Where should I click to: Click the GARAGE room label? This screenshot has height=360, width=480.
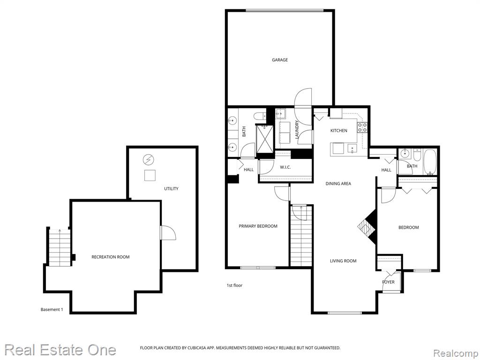280,60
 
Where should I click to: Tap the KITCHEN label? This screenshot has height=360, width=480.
338,130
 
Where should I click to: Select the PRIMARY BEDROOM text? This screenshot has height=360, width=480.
258,226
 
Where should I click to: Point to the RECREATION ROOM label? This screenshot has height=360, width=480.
111,257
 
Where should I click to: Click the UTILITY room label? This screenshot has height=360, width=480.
171,188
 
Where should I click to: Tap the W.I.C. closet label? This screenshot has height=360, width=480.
285,167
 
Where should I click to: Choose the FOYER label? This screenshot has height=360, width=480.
388,282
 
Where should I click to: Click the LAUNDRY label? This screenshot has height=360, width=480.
297,130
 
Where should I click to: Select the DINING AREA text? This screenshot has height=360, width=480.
338,184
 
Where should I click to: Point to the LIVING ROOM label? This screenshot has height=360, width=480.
343,261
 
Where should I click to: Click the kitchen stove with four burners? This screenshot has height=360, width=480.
362,127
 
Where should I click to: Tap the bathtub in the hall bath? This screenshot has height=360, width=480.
430,162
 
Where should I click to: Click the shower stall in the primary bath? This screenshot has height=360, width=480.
263,139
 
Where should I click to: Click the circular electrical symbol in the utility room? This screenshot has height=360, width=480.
149,159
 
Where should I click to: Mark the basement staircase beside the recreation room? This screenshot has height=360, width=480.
59,247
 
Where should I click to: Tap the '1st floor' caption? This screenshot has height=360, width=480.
234,285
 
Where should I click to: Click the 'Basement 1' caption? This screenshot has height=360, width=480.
52,309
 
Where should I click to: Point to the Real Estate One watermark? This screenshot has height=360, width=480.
60,350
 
